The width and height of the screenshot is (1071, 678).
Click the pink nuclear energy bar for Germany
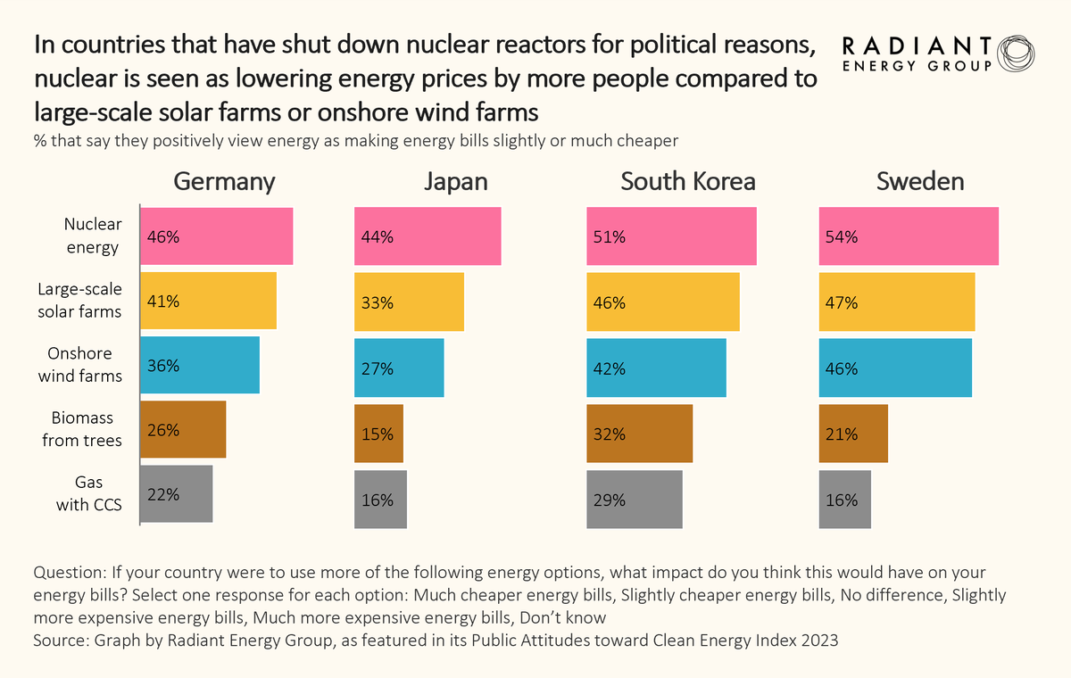[x=217, y=236]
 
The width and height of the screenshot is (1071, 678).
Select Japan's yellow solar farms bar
[x=409, y=302]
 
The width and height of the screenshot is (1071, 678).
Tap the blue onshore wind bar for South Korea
[x=656, y=367]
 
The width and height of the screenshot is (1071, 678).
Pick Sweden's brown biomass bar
[x=853, y=434]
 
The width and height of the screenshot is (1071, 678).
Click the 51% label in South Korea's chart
[x=609, y=237]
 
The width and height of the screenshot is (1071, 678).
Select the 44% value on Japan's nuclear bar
[x=377, y=237]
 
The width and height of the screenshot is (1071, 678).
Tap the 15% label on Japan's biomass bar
[x=377, y=434]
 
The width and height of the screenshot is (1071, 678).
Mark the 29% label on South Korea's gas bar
[x=609, y=500]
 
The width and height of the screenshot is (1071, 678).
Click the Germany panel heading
[x=224, y=182]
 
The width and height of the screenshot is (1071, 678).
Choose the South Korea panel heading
[x=688, y=182]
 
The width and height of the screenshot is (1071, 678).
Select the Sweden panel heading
[x=920, y=182]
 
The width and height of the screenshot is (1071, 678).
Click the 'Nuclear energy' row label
[x=93, y=236]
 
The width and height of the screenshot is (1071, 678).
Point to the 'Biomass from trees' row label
[x=82, y=429]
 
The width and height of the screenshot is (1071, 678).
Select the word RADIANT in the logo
[x=916, y=46]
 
